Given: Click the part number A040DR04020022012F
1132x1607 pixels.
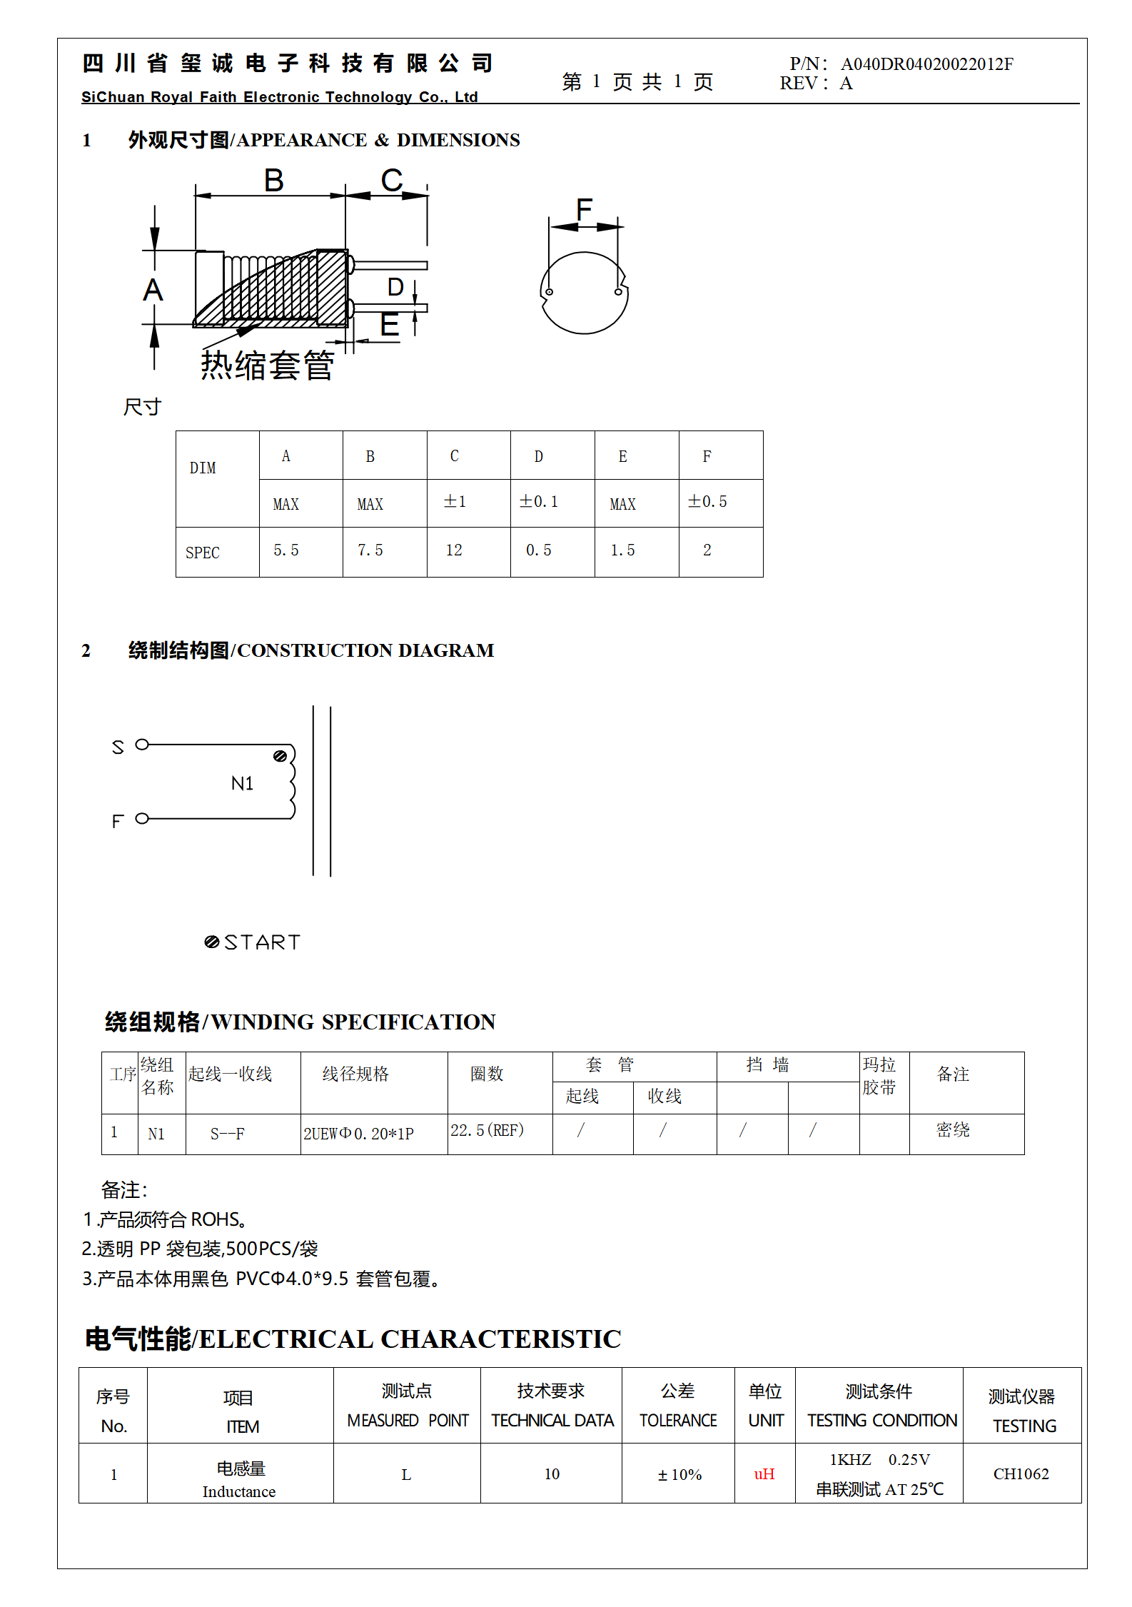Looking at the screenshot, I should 926,64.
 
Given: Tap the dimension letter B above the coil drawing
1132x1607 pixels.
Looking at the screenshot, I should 273,181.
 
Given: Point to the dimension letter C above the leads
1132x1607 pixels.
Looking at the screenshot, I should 391,181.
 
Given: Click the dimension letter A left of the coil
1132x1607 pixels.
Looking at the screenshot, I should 153,291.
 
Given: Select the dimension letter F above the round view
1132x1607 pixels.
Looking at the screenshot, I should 584,209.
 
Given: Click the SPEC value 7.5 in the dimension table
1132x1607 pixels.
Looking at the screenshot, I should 370,550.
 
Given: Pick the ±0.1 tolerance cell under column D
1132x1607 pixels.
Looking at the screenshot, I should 539,502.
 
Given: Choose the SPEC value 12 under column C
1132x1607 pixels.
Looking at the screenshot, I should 454,550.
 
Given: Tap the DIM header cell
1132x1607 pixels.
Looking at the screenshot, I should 203,468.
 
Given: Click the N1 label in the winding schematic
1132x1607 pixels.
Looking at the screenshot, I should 243,784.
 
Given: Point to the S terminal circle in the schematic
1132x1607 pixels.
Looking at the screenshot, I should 142,745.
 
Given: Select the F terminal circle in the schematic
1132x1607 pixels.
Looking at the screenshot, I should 142,818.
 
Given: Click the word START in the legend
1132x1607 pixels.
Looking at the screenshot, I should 263,942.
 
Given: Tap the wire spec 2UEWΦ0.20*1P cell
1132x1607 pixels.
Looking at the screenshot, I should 358,1134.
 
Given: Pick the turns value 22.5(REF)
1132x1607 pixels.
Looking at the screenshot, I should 487,1130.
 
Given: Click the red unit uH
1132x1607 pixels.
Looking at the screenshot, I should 764,1473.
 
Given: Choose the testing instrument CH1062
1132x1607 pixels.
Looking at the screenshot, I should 1021,1473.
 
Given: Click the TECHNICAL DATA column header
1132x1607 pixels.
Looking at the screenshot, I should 552,1421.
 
